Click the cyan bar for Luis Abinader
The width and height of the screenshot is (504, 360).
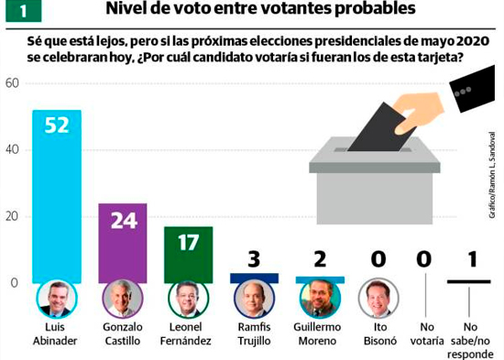[x=57, y=197]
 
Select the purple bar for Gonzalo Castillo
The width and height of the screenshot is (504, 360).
[x=123, y=244]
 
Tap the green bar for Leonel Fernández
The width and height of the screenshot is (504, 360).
[x=189, y=255]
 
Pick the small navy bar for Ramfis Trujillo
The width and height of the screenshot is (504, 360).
[x=254, y=278]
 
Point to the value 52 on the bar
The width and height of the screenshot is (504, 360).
[x=57, y=125]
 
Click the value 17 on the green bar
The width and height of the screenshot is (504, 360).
[x=189, y=243]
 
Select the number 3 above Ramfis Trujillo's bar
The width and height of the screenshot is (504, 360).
[x=254, y=259]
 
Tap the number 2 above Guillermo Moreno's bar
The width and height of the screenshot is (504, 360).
[x=320, y=259]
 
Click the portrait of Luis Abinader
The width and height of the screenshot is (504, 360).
[x=57, y=299]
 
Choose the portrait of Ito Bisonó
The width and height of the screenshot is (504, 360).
[x=378, y=299]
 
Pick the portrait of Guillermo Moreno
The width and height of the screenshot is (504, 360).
[x=320, y=299]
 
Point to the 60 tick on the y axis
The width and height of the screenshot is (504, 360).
[x=12, y=83]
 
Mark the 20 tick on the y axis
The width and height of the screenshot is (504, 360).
[x=12, y=216]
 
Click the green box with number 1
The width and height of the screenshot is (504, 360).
[x=24, y=11]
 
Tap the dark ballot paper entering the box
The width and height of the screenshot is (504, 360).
[x=382, y=127]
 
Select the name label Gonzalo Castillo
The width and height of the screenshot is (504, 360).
[x=123, y=333]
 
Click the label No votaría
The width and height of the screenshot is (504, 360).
[x=427, y=333]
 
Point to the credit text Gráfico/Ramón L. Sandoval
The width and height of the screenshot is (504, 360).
[x=492, y=175]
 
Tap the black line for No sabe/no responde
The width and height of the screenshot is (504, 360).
[x=469, y=282]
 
